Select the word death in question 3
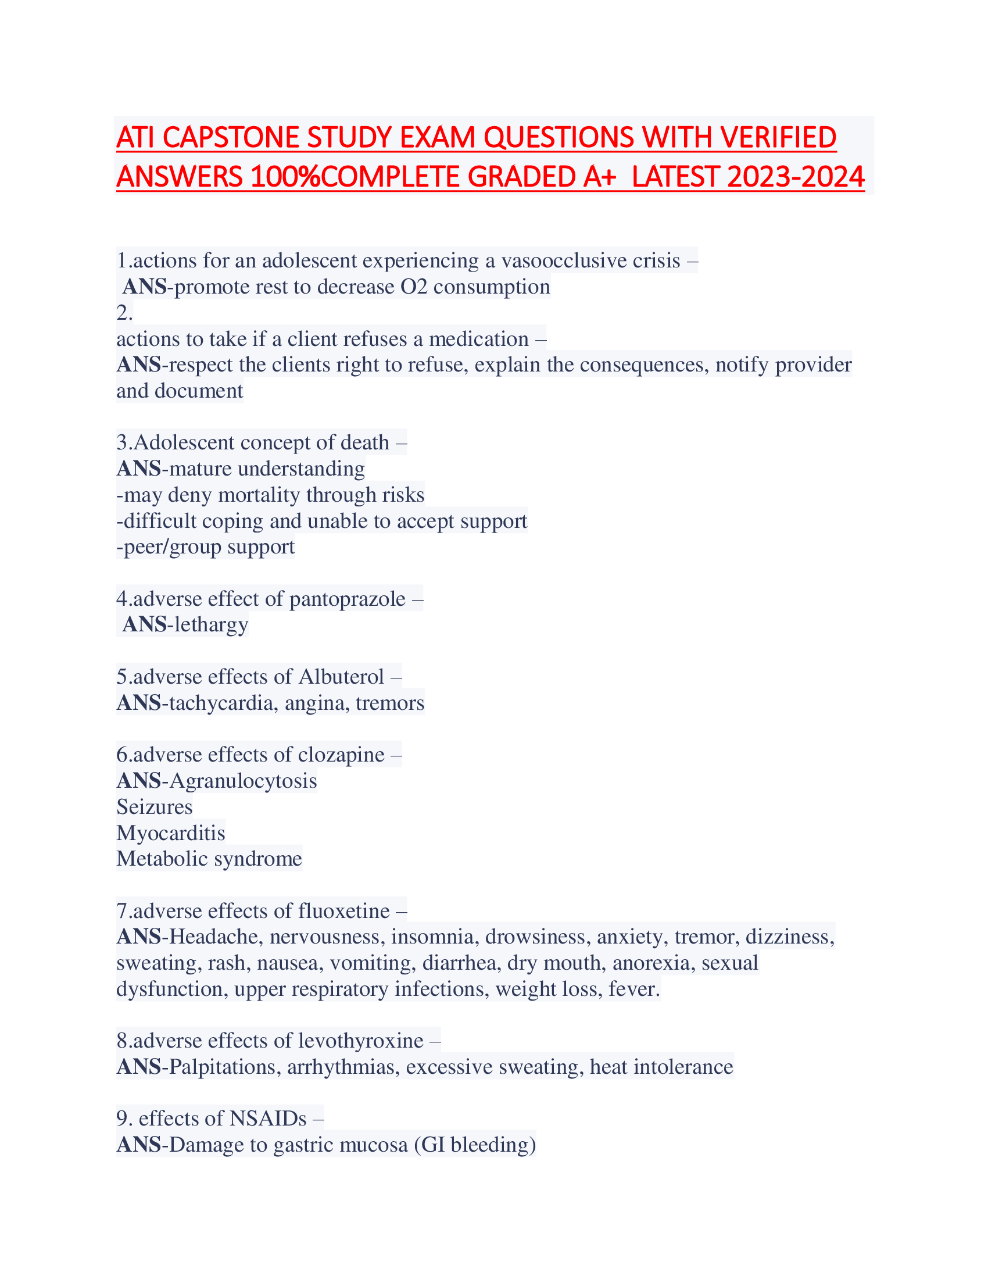pos(364,442)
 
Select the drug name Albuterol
pos(341,676)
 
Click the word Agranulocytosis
pos(243,781)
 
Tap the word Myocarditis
pos(170,833)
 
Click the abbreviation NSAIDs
pos(268,1119)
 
